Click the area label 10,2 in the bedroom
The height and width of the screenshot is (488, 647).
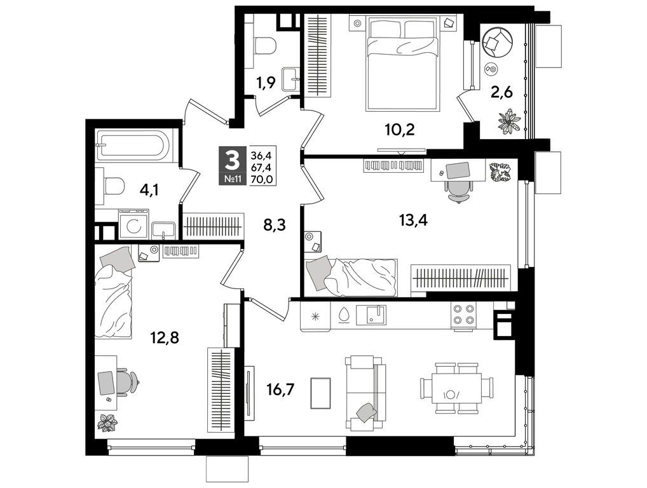coord(400,130)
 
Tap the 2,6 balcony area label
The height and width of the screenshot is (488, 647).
coord(501,92)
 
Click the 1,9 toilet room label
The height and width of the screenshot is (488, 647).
coord(266,83)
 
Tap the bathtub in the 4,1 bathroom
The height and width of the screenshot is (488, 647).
coord(132,146)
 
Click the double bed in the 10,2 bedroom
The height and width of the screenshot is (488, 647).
coord(403,64)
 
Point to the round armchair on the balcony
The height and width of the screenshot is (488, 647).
coord(496,42)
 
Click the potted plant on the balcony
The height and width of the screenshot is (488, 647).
coord(508,121)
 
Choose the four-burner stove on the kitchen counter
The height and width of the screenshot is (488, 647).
coord(463,315)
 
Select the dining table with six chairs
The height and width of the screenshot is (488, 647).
coord(456,388)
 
